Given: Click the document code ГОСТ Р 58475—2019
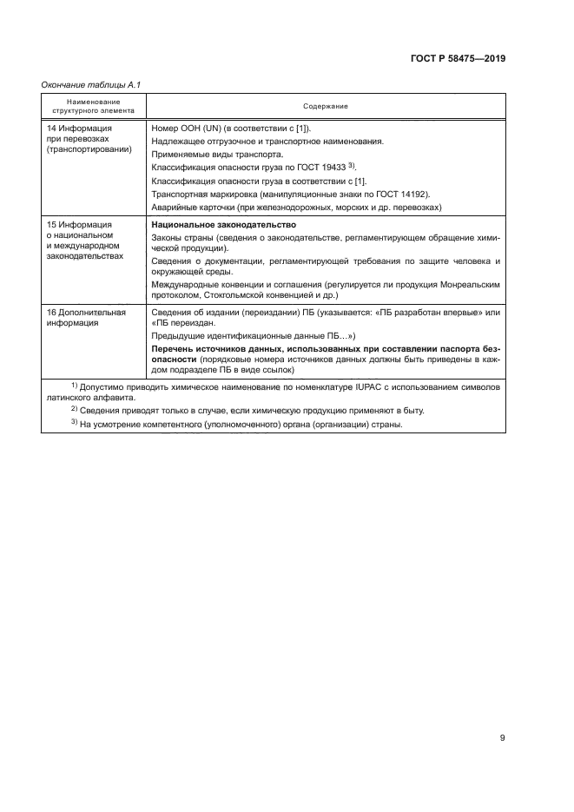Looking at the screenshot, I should pos(457,59).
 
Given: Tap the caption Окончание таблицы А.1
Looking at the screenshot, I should pos(91,83).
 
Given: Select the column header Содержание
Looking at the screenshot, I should pos(326,106).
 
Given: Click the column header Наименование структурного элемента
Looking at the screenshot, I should pos(92,106).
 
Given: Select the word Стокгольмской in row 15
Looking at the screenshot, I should pos(265,296).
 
